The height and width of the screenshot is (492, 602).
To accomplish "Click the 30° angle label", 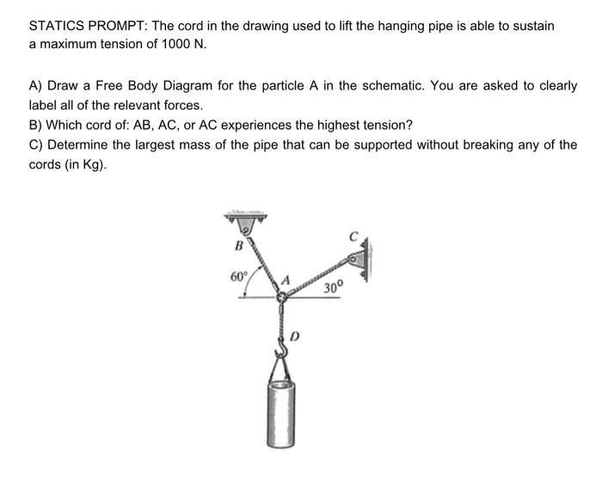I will [334, 288].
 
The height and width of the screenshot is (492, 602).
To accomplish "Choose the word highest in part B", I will [339, 125].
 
